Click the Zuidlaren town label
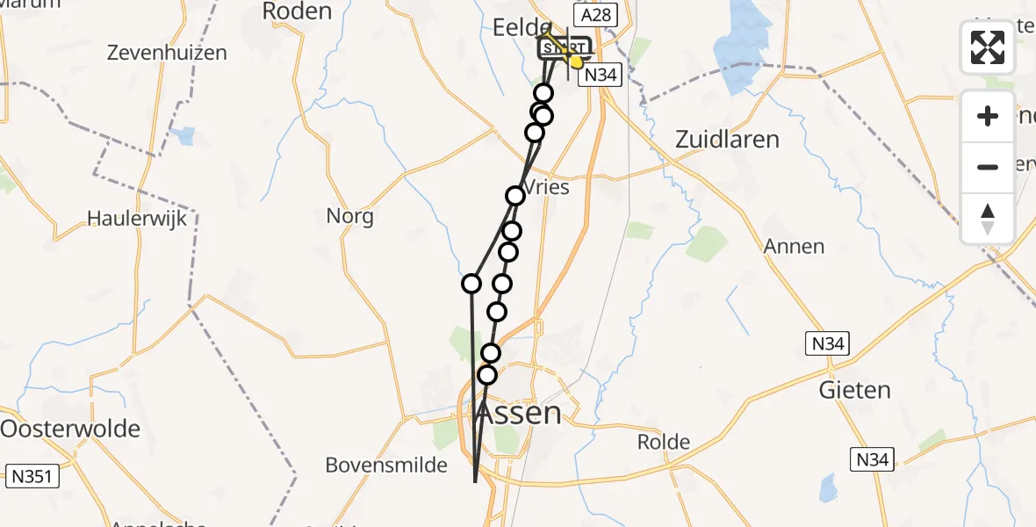tap(727, 139)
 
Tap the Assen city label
tap(518, 413)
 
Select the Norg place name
tap(349, 216)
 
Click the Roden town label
tap(297, 11)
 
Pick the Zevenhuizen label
tap(166, 53)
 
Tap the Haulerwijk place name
tap(137, 219)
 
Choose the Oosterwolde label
tap(70, 429)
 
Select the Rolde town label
tap(664, 441)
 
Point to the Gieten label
tap(854, 390)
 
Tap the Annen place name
tap(794, 247)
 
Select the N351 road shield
tap(32, 477)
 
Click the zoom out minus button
tap(988, 167)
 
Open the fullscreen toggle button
tap(988, 47)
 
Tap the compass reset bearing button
tap(988, 218)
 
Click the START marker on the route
tap(564, 48)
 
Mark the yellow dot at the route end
tap(577, 61)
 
